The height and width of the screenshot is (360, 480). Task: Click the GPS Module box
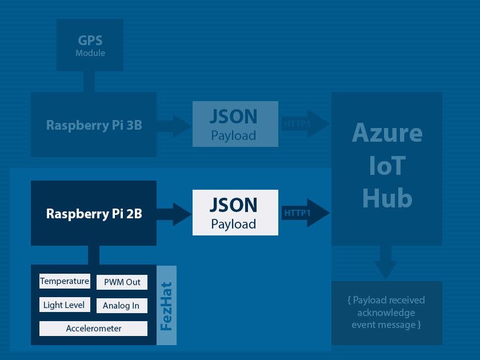tap(90, 45)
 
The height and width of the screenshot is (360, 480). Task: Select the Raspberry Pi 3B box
tap(93, 125)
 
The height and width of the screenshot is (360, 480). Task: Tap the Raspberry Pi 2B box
tap(93, 214)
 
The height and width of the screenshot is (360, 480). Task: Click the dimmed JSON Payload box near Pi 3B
tap(235, 124)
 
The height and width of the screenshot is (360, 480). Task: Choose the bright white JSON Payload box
tap(235, 213)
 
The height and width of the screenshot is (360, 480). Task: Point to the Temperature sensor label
tap(65, 281)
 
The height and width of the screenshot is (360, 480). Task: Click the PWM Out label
tap(122, 282)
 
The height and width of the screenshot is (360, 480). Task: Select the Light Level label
tap(64, 305)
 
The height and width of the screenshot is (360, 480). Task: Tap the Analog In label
tap(121, 306)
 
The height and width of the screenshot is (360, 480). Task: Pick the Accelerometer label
tap(93, 329)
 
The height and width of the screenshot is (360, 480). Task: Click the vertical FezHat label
tap(166, 306)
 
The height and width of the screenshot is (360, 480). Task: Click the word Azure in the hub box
tap(387, 133)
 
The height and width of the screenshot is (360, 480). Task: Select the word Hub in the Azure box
tap(387, 198)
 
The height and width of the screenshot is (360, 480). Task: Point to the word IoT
tap(387, 166)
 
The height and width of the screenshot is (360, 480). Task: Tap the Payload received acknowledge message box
tap(387, 313)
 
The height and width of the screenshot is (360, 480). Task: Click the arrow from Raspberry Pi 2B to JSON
tap(175, 214)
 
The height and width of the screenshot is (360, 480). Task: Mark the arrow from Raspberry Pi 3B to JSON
tap(175, 125)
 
